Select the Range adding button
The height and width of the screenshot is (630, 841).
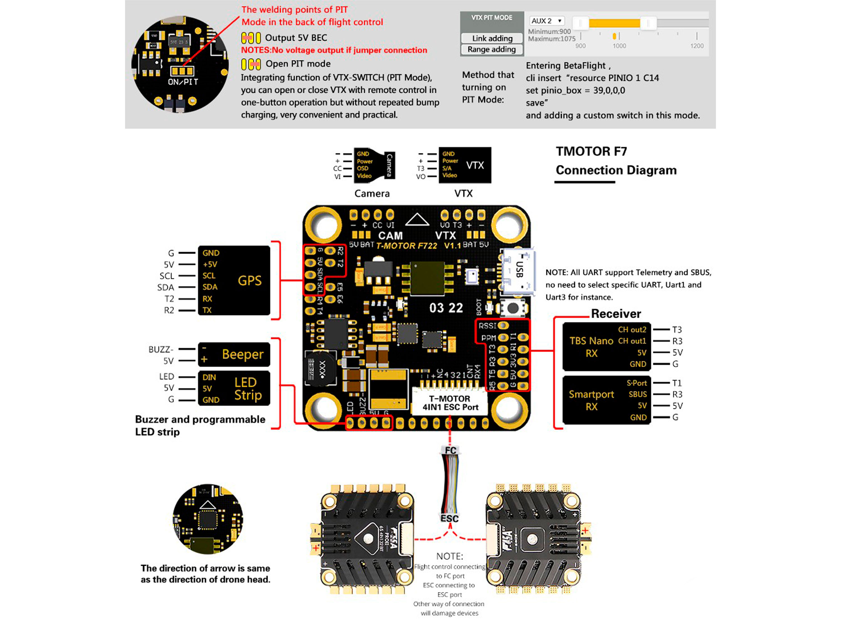[492, 49]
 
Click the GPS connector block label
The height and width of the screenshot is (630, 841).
[249, 280]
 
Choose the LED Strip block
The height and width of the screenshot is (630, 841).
[234, 388]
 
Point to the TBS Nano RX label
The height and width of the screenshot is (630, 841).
[591, 347]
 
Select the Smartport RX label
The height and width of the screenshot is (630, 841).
[591, 400]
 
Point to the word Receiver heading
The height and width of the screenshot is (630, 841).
[616, 314]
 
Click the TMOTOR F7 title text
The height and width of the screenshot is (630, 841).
[591, 152]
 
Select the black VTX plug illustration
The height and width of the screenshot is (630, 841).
[465, 165]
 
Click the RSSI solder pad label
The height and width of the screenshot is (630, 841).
[487, 326]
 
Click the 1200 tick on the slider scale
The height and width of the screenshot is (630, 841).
[697, 46]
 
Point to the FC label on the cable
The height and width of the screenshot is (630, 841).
[450, 450]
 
